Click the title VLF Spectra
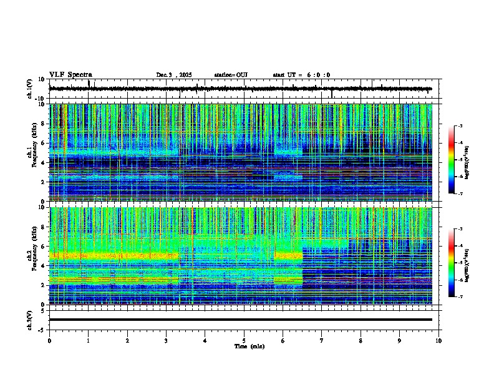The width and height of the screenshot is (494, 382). (70, 74)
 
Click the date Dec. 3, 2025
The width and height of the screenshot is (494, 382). (175, 75)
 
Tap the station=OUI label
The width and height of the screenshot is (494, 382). (231, 75)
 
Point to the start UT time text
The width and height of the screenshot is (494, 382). (301, 75)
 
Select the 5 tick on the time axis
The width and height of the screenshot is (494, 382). (244, 340)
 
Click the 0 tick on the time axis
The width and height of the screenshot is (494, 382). (49, 340)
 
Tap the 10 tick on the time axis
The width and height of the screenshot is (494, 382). (438, 340)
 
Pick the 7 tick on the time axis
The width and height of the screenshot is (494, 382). (322, 340)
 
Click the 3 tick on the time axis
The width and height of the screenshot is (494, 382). (166, 340)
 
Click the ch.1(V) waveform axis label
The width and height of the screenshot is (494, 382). (30, 89)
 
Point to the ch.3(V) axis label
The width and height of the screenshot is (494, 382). (30, 320)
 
